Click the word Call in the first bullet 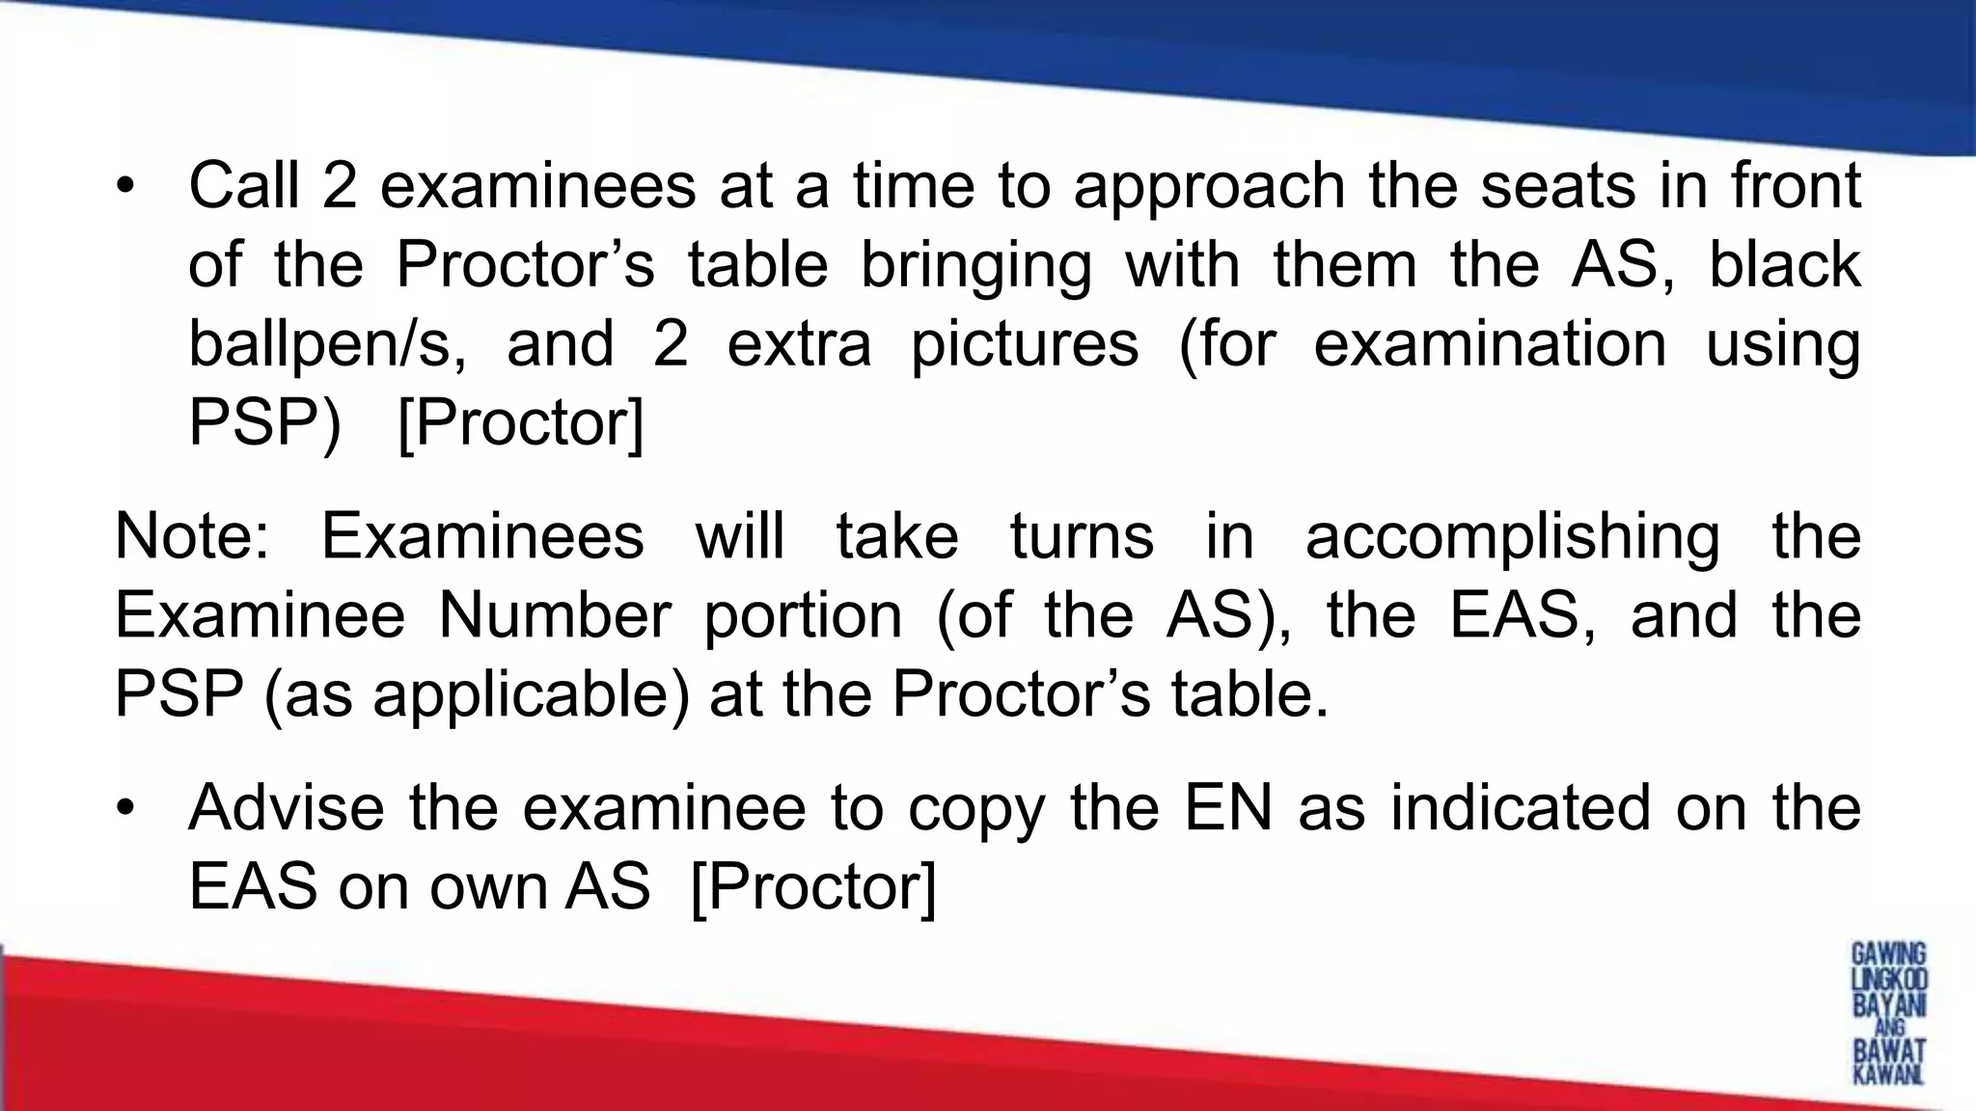pos(243,185)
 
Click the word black pos(1784,264)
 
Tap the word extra pos(799,345)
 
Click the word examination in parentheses pos(1490,345)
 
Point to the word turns pos(1082,536)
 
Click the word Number pos(554,615)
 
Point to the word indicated pos(1521,807)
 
